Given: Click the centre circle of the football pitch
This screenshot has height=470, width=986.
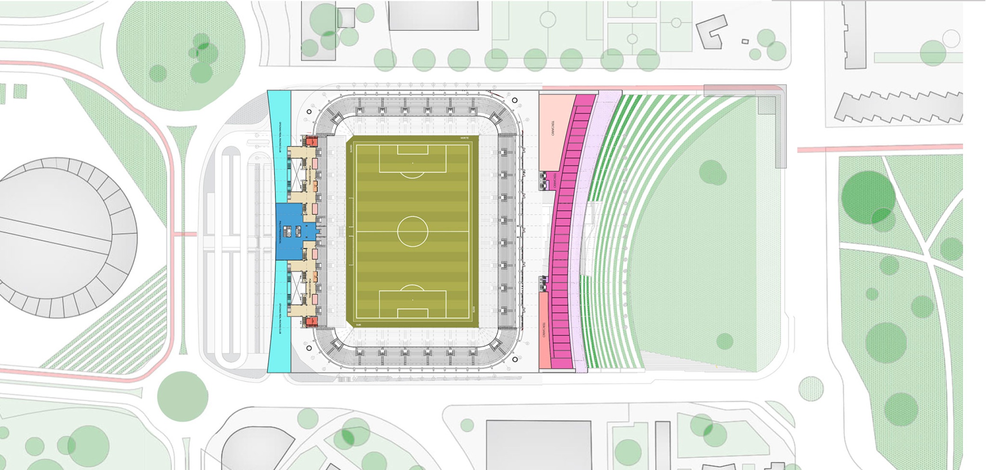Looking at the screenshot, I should (x=412, y=231).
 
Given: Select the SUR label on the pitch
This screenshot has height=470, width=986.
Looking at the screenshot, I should (x=358, y=325).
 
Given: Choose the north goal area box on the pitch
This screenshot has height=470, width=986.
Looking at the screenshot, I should (x=413, y=150).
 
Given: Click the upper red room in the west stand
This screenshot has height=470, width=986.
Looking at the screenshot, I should (x=312, y=140).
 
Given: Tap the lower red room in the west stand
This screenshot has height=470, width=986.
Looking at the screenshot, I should (x=312, y=321).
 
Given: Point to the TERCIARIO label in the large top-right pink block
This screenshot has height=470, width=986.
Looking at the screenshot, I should (x=553, y=128).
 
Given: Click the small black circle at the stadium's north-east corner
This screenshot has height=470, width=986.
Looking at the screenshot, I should (x=515, y=100).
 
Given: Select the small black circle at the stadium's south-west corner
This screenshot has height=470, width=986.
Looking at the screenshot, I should (x=309, y=348).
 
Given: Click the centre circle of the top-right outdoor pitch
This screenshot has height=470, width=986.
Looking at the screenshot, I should (x=676, y=23).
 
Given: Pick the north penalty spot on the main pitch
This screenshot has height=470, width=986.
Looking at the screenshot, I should (x=413, y=163).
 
